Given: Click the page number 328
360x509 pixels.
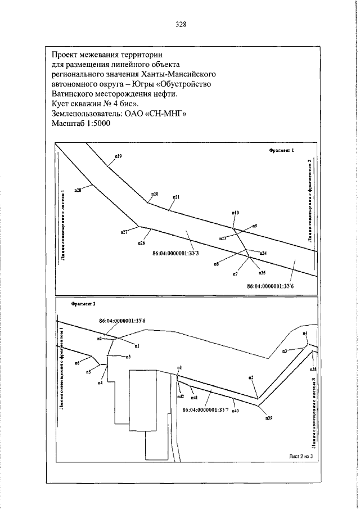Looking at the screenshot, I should pos(180,25).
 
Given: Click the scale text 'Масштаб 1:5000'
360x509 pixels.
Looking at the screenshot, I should pos(81,124).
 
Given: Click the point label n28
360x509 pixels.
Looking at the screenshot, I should pos(78,190).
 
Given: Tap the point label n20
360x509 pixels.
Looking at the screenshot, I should pos(154,194).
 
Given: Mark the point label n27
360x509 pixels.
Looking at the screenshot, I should pos(124,232).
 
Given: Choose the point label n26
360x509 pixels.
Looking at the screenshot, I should pos(141,243).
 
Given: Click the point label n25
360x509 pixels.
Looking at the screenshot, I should pos(262,273).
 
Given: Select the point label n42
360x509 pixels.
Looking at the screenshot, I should pos(181,397).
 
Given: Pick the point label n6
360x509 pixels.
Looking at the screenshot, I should pos(77,363).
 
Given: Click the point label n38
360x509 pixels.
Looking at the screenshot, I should pos(313,370).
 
